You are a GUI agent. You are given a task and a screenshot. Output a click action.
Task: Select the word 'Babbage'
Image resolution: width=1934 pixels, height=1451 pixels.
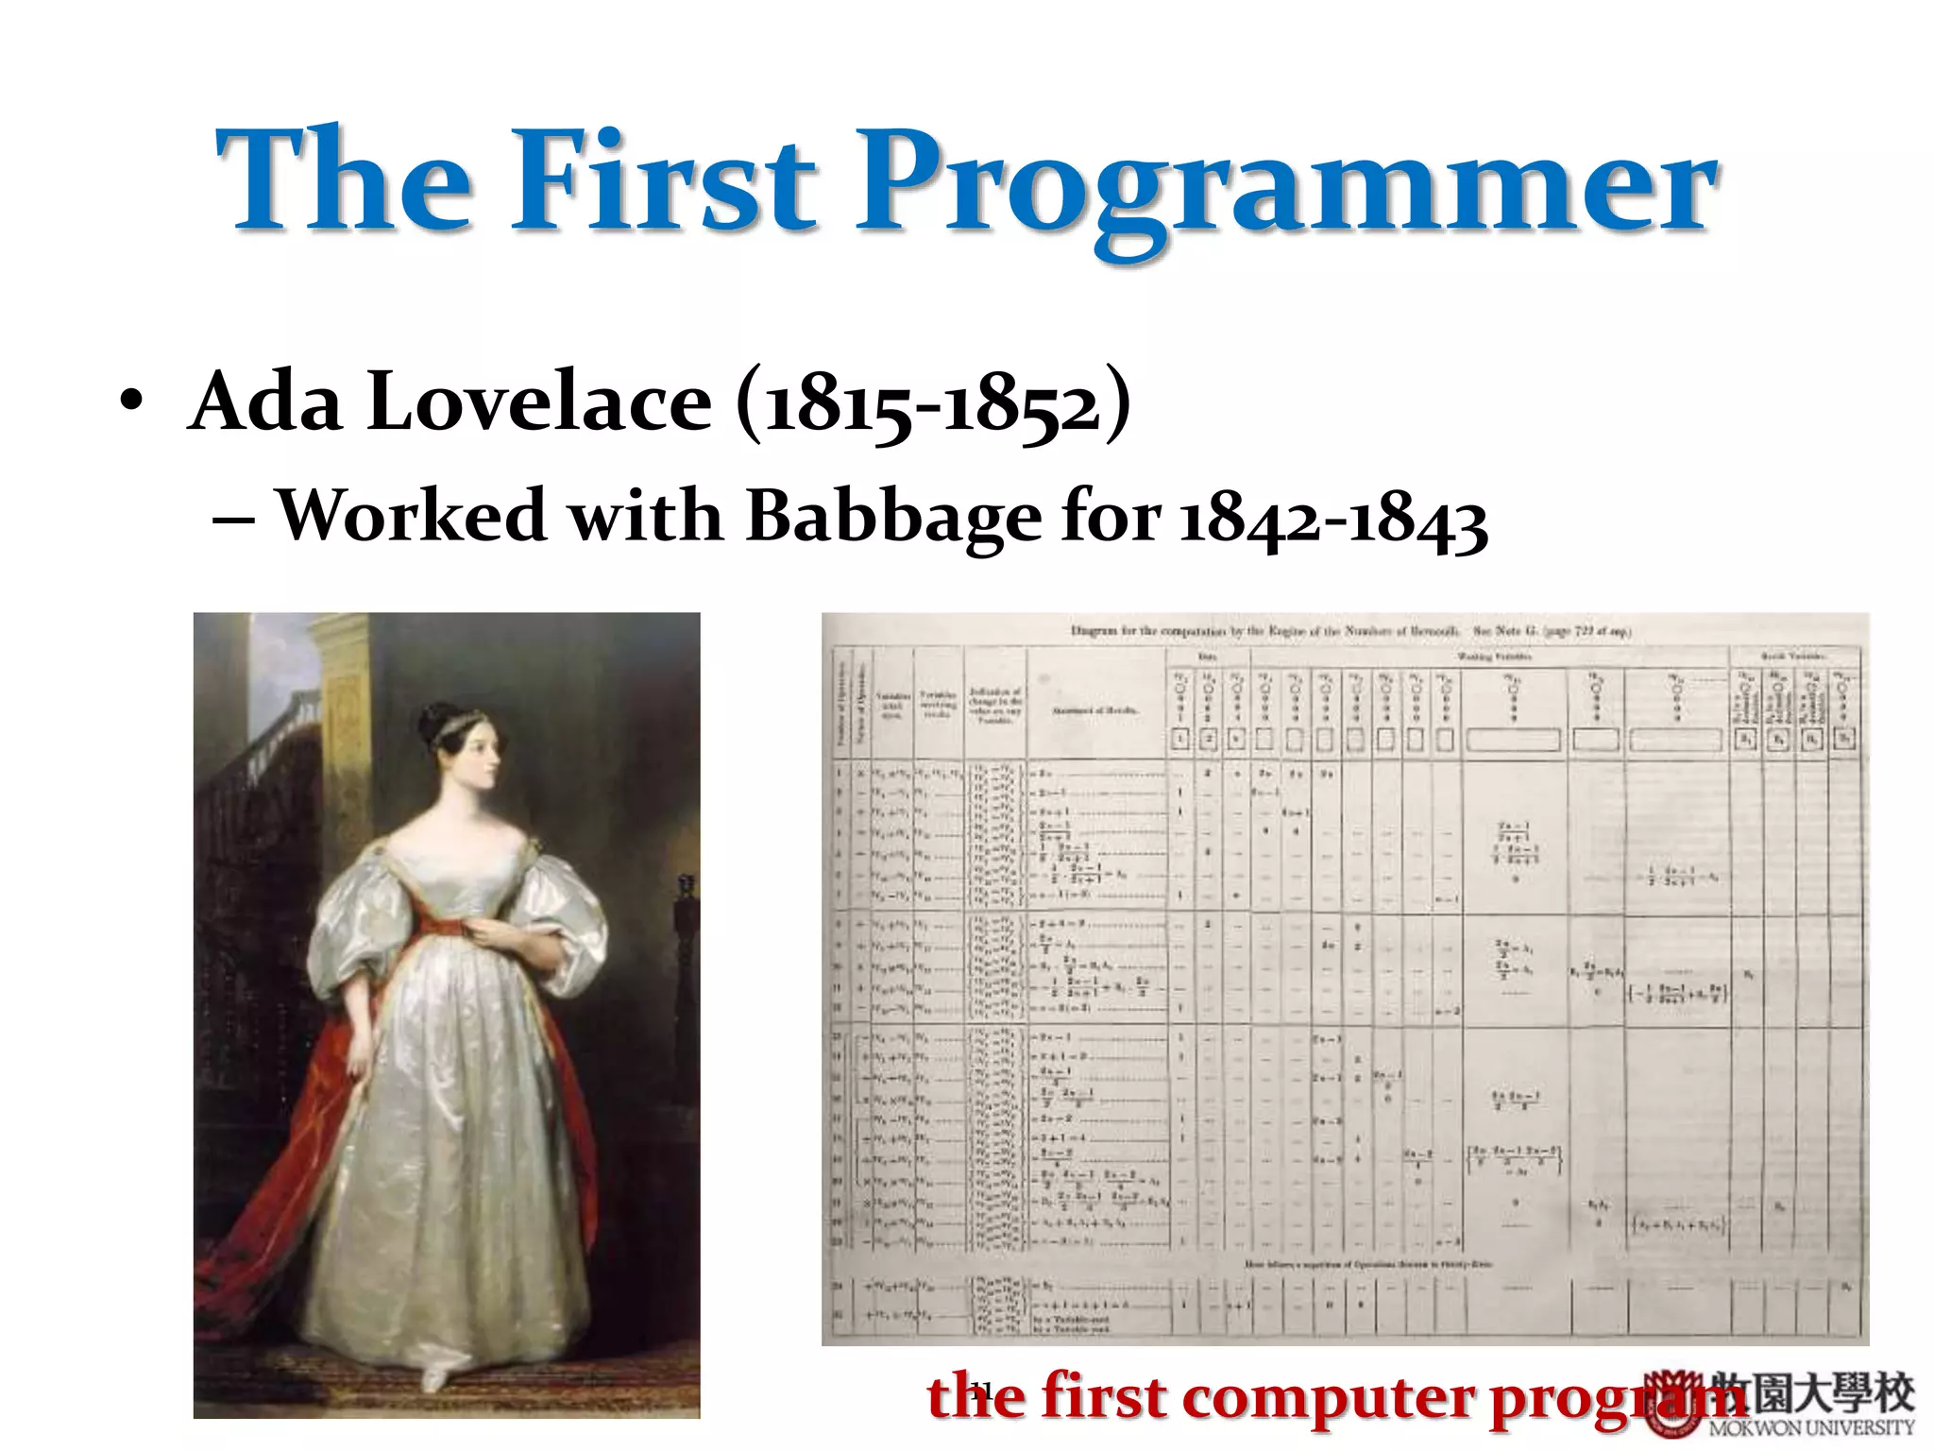[893, 518]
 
